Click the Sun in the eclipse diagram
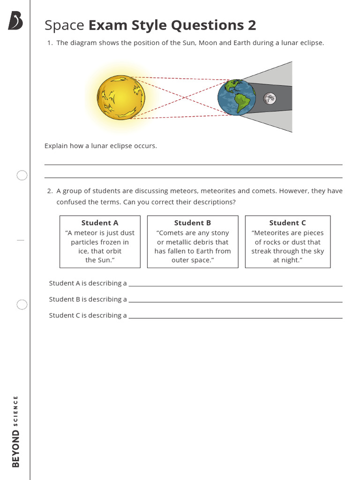coord(121,97)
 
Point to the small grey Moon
coord(270,98)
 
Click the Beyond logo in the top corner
coord(15,22)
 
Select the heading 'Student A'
coord(100,223)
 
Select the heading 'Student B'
coord(193,223)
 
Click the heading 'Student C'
coord(287,223)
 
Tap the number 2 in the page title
coord(252,25)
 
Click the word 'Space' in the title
coord(64,25)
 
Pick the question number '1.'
coord(50,43)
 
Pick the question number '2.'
coord(50,191)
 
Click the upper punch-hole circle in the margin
coord(22,175)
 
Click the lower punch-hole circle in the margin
coord(22,305)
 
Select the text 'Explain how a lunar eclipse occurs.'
coord(101,146)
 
